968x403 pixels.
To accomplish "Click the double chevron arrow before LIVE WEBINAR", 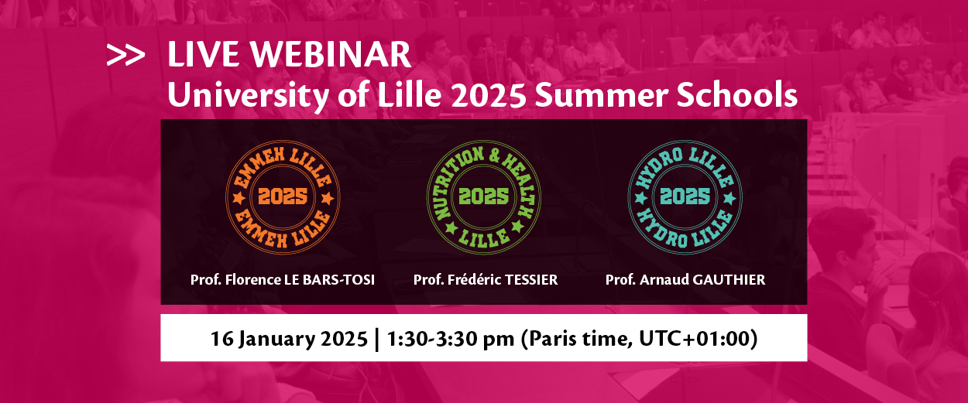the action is pyautogui.click(x=125, y=55).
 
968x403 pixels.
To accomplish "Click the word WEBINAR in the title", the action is pyautogui.click(x=331, y=54).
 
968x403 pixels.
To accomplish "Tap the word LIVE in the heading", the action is pyautogui.click(x=204, y=54).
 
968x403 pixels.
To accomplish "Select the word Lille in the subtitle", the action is pyautogui.click(x=410, y=94).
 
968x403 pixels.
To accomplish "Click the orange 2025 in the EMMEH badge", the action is pyautogui.click(x=283, y=196).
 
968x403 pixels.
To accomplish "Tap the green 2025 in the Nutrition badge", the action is pyautogui.click(x=483, y=196).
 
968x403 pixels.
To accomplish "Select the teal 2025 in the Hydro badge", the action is pyautogui.click(x=685, y=196).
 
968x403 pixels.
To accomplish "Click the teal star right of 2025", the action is pyautogui.click(x=730, y=199).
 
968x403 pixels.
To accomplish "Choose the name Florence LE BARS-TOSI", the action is pyautogui.click(x=300, y=279).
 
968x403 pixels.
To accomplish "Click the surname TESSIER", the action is pyautogui.click(x=531, y=279).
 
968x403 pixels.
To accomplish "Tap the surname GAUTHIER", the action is pyautogui.click(x=729, y=279).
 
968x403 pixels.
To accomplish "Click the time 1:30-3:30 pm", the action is pyautogui.click(x=450, y=339).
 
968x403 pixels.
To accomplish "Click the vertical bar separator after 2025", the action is pyautogui.click(x=377, y=340).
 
